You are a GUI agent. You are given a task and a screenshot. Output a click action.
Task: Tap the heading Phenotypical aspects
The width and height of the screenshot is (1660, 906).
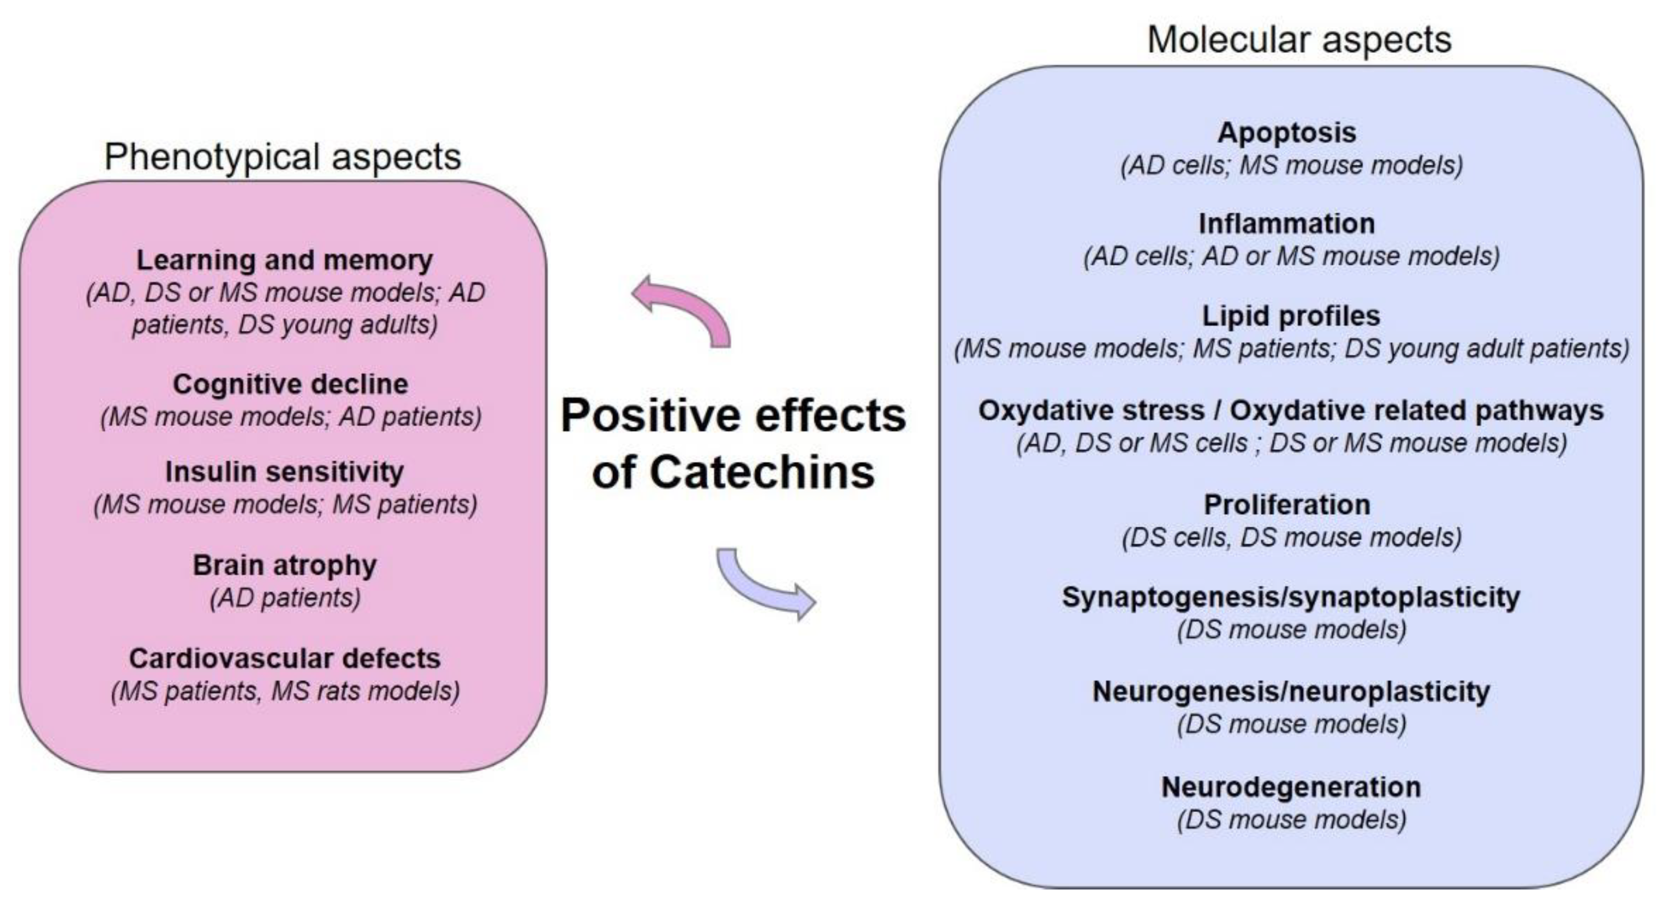point(282,156)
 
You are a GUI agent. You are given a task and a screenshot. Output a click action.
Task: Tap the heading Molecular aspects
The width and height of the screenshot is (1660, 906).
point(1299,39)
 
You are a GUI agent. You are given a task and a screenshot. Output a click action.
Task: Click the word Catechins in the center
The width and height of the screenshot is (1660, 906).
point(762,472)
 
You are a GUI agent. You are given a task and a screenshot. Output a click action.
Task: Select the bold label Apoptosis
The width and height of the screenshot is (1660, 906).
point(1286,133)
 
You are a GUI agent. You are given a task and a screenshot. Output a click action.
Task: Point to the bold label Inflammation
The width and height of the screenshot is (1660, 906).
point(1286,223)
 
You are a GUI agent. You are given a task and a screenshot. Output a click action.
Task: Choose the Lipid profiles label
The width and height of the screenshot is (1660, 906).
point(1291,316)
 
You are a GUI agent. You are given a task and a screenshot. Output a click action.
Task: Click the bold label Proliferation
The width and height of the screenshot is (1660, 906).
point(1287,505)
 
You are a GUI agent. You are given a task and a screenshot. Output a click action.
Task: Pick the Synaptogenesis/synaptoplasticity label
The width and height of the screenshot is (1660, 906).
point(1291,597)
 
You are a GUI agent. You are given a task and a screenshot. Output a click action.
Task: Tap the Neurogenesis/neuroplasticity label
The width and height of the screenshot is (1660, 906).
point(1291,691)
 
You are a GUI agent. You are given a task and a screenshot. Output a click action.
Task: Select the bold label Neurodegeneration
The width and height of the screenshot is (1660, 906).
point(1291,787)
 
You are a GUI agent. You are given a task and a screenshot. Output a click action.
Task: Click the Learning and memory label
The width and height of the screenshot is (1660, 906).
point(284,261)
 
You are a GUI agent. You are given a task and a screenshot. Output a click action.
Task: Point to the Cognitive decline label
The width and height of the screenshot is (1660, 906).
point(290,384)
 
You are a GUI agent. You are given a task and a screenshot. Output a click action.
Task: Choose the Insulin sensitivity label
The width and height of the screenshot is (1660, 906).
point(284,472)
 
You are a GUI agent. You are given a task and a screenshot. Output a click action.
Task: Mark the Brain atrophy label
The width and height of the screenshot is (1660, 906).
point(284,565)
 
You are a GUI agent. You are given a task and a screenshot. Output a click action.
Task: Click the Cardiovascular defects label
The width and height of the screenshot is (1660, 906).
point(284,658)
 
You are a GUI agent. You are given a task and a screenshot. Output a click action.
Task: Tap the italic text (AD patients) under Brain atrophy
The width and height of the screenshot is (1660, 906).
point(285,598)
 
